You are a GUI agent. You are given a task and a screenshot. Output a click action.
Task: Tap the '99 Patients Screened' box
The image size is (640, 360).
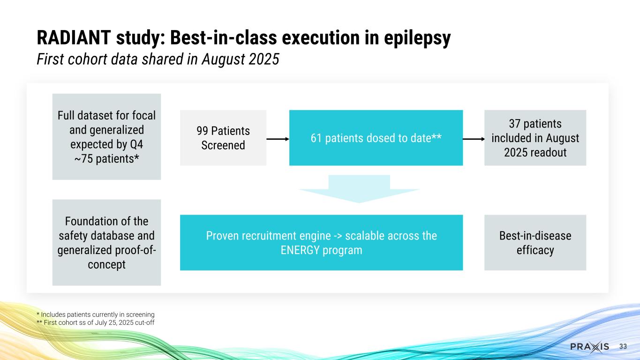click(223, 138)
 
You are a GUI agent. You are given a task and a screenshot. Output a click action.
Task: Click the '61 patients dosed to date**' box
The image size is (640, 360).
click(376, 138)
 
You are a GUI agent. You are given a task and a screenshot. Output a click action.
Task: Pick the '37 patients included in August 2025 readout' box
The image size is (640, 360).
click(535, 138)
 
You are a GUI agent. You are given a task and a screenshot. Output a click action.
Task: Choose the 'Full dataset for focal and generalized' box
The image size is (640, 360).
click(106, 137)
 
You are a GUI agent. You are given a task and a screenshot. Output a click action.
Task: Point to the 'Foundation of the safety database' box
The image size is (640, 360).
click(106, 242)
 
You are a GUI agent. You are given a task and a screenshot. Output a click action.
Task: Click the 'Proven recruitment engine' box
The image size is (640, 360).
click(321, 242)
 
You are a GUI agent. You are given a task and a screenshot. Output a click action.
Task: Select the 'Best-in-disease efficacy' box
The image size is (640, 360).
click(535, 242)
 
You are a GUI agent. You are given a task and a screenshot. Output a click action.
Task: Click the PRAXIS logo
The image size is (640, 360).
click(590, 346)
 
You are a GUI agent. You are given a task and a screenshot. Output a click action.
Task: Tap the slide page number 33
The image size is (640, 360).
click(623, 346)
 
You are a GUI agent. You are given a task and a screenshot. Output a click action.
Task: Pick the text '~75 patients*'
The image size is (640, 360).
click(106, 158)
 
